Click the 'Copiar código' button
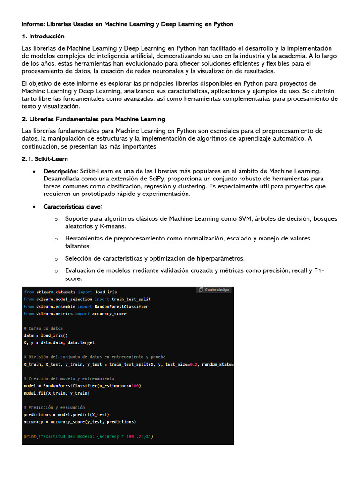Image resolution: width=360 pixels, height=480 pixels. (214, 290)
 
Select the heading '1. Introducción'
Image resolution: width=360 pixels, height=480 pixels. (43, 36)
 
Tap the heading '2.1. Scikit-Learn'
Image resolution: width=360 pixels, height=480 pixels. (45, 159)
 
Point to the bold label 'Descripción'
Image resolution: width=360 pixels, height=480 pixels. (60, 171)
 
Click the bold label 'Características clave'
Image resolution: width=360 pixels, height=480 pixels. (72, 206)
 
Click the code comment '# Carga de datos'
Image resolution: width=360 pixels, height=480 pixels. (43, 328)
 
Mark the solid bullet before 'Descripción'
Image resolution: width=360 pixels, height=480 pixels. (35, 171)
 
